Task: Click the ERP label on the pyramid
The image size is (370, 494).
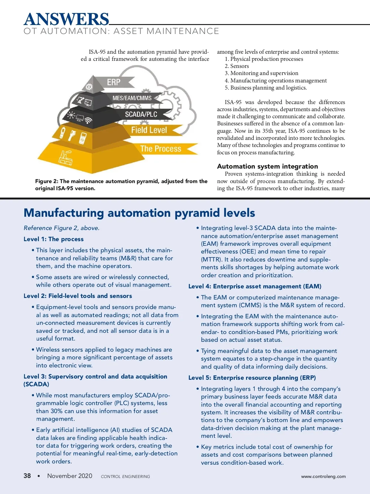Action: click(x=113, y=82)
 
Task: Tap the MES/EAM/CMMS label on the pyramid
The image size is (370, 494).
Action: click(x=132, y=98)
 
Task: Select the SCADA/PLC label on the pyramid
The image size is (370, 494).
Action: click(x=141, y=114)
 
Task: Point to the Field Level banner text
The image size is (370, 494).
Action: click(x=149, y=130)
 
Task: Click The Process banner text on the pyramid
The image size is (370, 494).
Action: click(x=161, y=149)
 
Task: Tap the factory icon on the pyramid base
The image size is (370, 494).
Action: click(x=66, y=157)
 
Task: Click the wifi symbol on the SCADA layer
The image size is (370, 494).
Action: click(x=88, y=120)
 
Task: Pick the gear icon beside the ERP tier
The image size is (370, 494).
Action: click(x=89, y=87)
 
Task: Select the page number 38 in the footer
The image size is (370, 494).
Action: click(x=27, y=476)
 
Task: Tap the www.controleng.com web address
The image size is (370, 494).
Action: click(x=323, y=476)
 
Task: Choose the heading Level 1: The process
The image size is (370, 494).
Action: click(x=54, y=239)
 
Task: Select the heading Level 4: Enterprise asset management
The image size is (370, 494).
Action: click(x=255, y=287)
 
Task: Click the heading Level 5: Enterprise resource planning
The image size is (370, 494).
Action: click(x=252, y=378)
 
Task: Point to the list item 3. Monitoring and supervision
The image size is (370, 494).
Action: click(x=261, y=73)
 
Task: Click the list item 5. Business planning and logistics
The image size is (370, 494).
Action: click(x=265, y=88)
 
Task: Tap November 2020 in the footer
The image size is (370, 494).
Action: click(x=70, y=476)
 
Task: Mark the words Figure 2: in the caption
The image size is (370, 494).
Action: click(x=47, y=181)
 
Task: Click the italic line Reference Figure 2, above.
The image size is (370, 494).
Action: click(x=61, y=228)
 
